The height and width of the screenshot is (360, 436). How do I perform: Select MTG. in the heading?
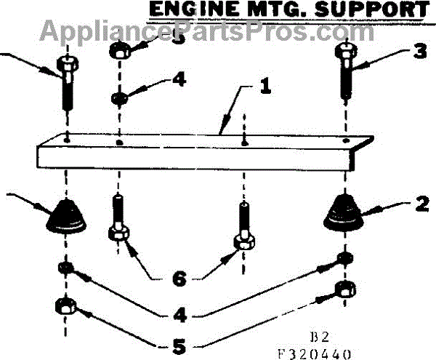coord(285,9)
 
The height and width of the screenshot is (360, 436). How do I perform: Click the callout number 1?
coord(265,89)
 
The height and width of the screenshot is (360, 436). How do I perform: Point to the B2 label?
coord(320,337)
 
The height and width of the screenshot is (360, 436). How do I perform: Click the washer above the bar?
coord(119,97)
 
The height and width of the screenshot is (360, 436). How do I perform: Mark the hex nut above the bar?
coord(119,52)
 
